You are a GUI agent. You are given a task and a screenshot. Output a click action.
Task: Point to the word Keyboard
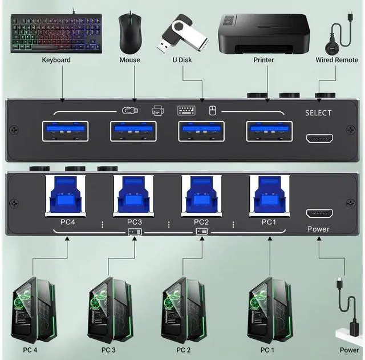point(56,60)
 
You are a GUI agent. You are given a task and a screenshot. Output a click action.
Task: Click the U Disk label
point(183,60)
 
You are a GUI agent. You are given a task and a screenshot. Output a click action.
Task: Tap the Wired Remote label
point(337,60)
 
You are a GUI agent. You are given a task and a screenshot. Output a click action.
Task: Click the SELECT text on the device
point(318,113)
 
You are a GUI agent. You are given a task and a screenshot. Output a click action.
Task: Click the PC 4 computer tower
point(33,309)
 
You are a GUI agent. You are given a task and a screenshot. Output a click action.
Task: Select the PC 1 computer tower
point(267,309)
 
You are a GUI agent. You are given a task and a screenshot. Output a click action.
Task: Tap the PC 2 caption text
point(183,350)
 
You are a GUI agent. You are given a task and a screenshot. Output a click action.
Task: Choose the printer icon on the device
point(158,111)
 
